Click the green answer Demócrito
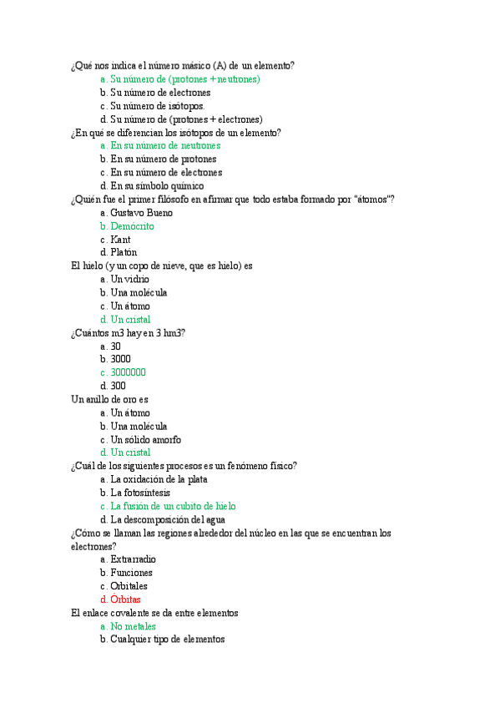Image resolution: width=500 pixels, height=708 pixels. [132, 226]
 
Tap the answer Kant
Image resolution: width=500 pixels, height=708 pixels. [120, 240]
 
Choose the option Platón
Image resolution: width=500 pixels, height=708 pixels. [124, 253]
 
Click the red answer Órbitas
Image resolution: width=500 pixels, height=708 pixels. [125, 599]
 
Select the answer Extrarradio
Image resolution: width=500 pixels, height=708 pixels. [134, 559]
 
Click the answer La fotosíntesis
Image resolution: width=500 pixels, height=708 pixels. [139, 493]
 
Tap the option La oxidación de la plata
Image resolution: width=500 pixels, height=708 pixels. [159, 479]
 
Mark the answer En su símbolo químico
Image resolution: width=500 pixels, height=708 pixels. [157, 186]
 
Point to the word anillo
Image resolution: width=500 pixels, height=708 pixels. [98, 399]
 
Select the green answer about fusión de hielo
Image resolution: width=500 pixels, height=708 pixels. [173, 506]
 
